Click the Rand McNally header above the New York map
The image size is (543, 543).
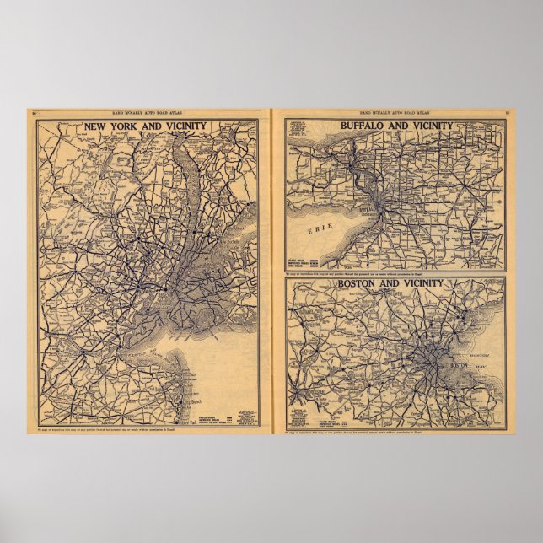(x=148, y=111)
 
